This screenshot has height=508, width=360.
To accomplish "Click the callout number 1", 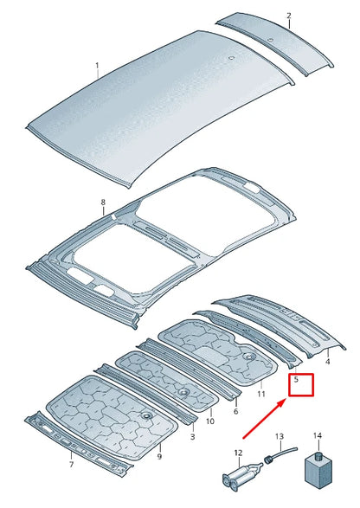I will (97, 65).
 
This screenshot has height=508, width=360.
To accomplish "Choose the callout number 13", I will (280, 438).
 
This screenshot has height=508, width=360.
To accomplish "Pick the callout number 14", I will (317, 437).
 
